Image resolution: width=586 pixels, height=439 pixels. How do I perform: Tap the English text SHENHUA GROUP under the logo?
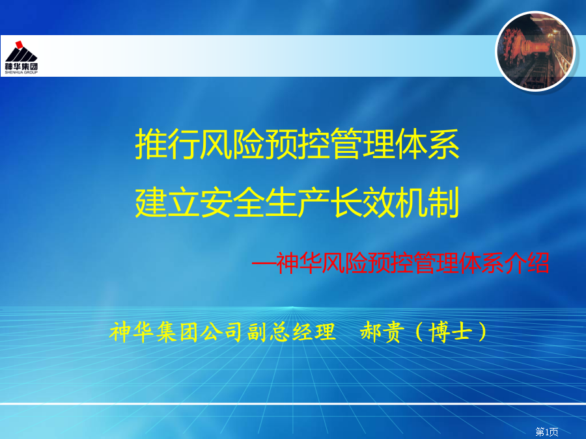(21, 72)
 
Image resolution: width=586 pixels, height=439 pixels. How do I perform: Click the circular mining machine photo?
(535, 51)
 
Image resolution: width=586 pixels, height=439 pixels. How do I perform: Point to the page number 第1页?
(547, 432)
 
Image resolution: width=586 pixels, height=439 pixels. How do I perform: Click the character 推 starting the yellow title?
(151, 144)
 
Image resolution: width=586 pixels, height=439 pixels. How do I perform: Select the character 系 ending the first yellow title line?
(443, 144)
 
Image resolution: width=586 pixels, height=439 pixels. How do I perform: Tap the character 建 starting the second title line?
(151, 202)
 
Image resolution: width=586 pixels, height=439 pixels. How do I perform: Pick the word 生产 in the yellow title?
(298, 202)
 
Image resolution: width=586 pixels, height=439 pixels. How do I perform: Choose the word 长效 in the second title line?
(363, 202)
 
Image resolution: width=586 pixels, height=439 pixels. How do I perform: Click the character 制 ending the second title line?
(443, 202)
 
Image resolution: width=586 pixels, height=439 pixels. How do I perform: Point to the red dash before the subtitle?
(264, 263)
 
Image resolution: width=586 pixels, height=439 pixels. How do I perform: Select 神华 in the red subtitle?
(299, 263)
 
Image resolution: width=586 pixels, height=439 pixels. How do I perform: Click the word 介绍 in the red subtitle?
(527, 263)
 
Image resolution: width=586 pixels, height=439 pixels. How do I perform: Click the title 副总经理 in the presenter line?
(291, 332)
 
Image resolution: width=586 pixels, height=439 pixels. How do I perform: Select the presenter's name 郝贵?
(382, 332)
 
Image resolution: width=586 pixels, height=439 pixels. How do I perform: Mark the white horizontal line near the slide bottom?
(293, 404)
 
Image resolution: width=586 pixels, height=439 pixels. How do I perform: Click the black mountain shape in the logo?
(21, 55)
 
